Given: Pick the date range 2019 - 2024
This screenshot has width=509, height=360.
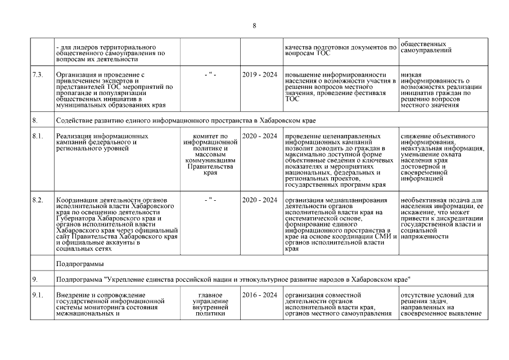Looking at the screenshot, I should pos(260,75).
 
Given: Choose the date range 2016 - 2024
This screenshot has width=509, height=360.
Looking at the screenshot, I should pos(260,295).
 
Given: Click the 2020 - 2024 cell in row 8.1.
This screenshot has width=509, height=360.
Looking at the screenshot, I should pos(260,136).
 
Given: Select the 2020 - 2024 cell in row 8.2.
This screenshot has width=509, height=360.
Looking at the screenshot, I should pos(260,200).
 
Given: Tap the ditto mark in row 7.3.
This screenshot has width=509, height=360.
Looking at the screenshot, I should pos(210,75).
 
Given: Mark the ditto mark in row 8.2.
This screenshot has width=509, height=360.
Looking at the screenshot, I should pos(210,200).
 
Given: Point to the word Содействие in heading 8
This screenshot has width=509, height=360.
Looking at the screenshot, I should pos(78,120).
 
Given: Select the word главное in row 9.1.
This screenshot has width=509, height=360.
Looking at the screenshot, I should pos(210,295).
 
